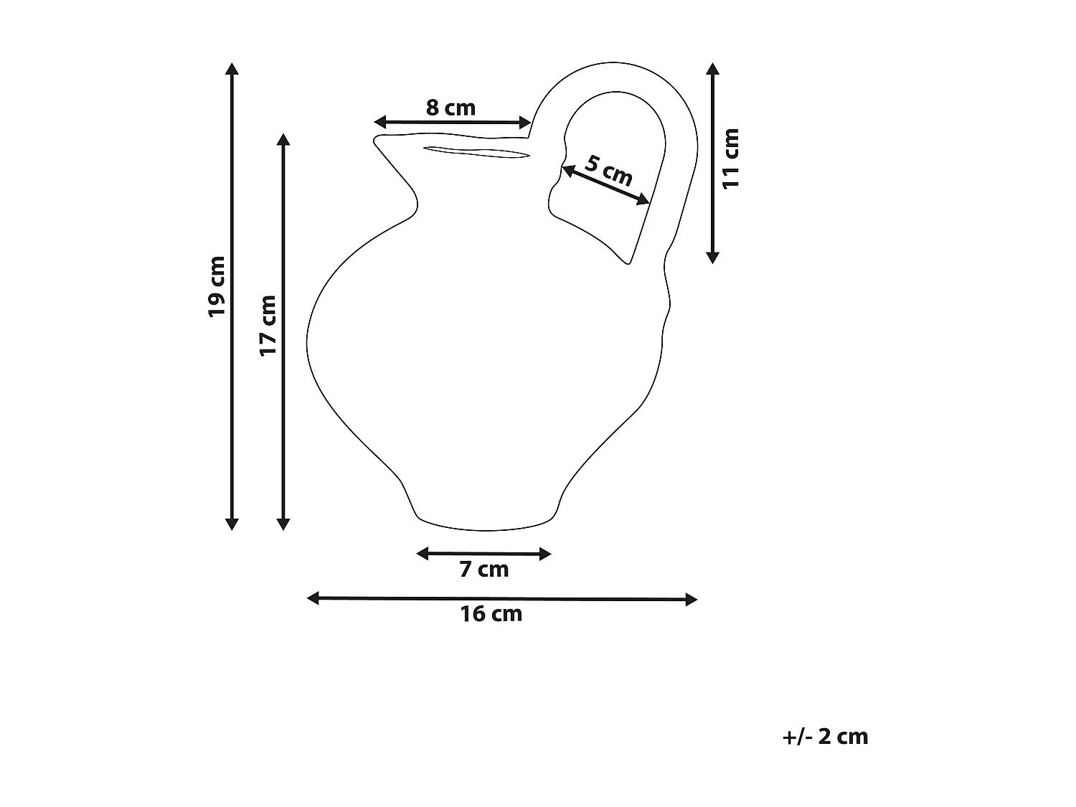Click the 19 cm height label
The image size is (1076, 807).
(217, 286)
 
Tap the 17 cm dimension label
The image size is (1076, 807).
(268, 325)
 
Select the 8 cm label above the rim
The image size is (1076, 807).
(450, 108)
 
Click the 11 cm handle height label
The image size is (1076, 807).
(730, 159)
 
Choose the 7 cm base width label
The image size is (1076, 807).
(483, 570)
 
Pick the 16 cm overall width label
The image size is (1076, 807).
(491, 614)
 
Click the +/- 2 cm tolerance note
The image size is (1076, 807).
(825, 737)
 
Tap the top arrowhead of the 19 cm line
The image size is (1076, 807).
(231, 69)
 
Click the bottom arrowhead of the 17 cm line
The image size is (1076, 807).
(283, 524)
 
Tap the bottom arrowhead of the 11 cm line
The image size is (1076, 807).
(712, 257)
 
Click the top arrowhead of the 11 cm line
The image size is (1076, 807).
(712, 69)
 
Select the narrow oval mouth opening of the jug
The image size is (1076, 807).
(476, 151)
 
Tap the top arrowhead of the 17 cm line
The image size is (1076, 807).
(283, 139)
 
